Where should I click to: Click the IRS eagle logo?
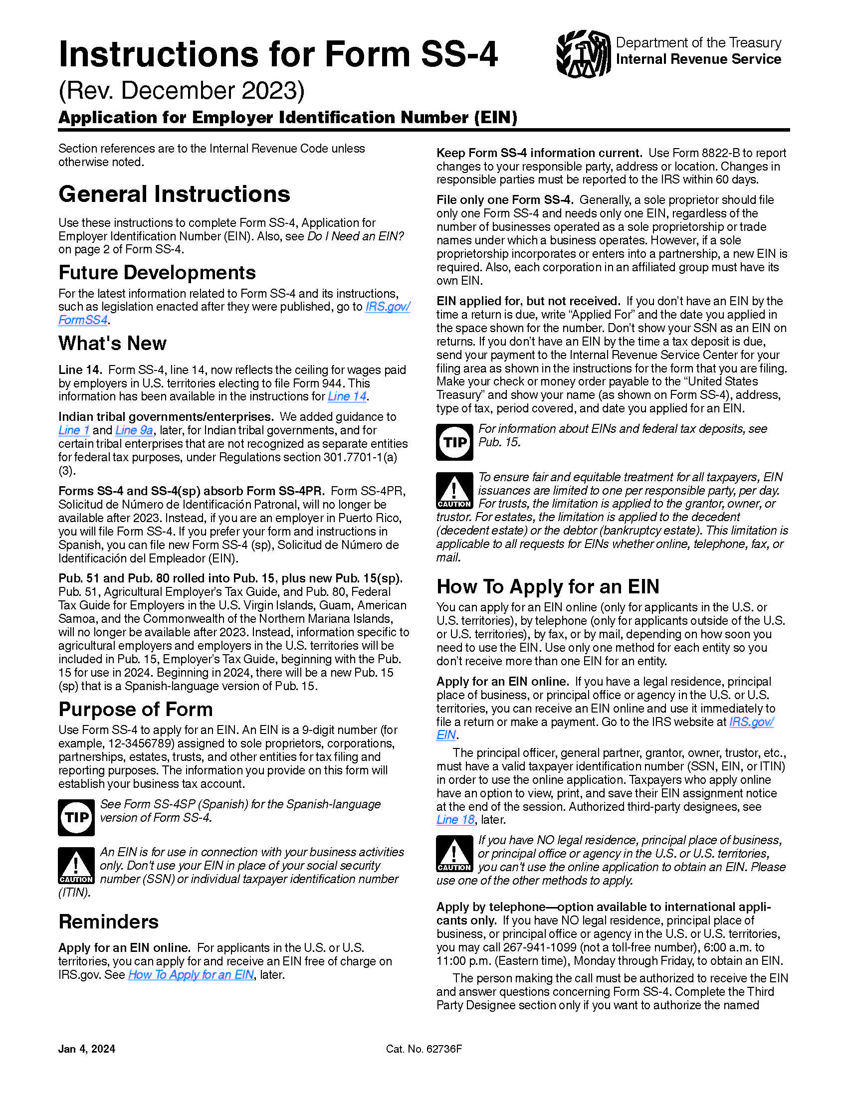pos(583,54)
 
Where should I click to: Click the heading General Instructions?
pos(174,194)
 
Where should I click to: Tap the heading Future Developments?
pos(157,273)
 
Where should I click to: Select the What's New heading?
pos(112,344)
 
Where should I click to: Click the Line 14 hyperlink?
pos(347,396)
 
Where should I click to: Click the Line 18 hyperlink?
pos(455,820)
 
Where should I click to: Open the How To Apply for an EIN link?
pos(191,975)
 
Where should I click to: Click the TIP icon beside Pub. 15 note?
pos(454,442)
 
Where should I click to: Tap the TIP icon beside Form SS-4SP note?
pos(76,818)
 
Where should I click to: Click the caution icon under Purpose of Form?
pos(76,866)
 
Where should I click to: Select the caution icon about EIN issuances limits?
pos(454,490)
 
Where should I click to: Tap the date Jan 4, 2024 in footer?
pos(86,1049)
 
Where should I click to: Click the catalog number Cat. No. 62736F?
pos(424,1049)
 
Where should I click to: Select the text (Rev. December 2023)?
pos(182,91)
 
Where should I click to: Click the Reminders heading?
pos(109,922)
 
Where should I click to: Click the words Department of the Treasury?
pos(698,43)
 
